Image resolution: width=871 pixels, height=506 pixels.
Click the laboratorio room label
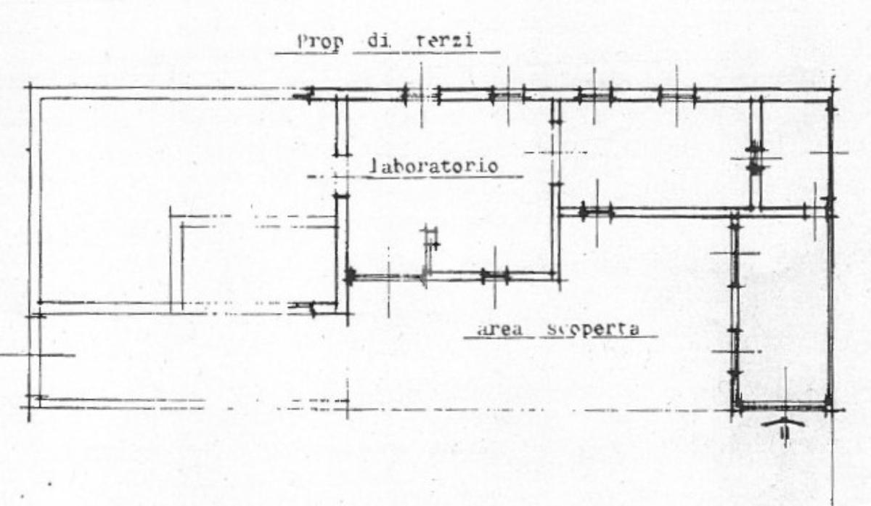433,166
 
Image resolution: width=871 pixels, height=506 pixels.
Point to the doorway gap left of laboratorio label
340,175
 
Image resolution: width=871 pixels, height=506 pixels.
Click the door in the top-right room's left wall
756,158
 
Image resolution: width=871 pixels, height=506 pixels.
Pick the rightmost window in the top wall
676,95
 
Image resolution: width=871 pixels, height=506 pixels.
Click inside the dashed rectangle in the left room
254,265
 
